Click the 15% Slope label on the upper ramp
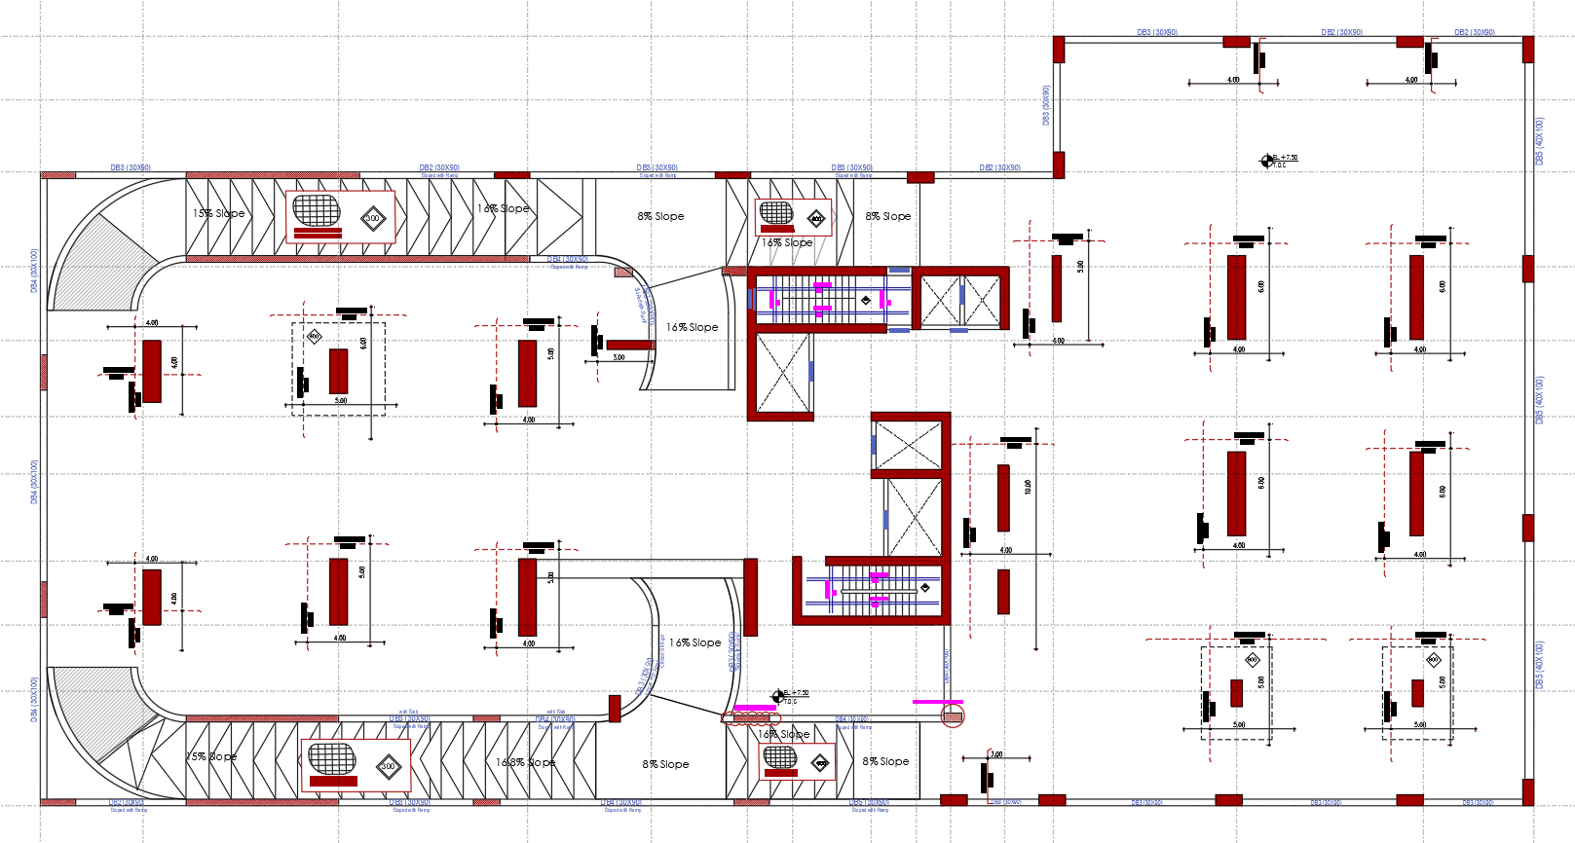coord(218,213)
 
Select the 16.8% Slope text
coord(525,762)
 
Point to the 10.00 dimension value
coord(1028,487)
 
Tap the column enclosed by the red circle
coord(954,717)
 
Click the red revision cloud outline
coord(751,719)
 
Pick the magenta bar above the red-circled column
coord(937,701)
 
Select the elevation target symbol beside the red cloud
coord(777,697)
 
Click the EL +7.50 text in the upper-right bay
coord(1285,157)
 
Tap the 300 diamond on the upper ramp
coord(373,218)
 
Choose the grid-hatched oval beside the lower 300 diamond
coord(332,758)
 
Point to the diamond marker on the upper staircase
coord(866,300)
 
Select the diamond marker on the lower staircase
coord(925,587)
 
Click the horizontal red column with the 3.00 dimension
coord(630,345)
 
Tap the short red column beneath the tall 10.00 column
coord(1003,591)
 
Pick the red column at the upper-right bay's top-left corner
coord(1059,50)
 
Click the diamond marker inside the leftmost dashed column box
coord(315,337)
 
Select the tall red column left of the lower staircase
coord(750,597)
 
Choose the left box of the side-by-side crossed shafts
coord(940,301)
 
